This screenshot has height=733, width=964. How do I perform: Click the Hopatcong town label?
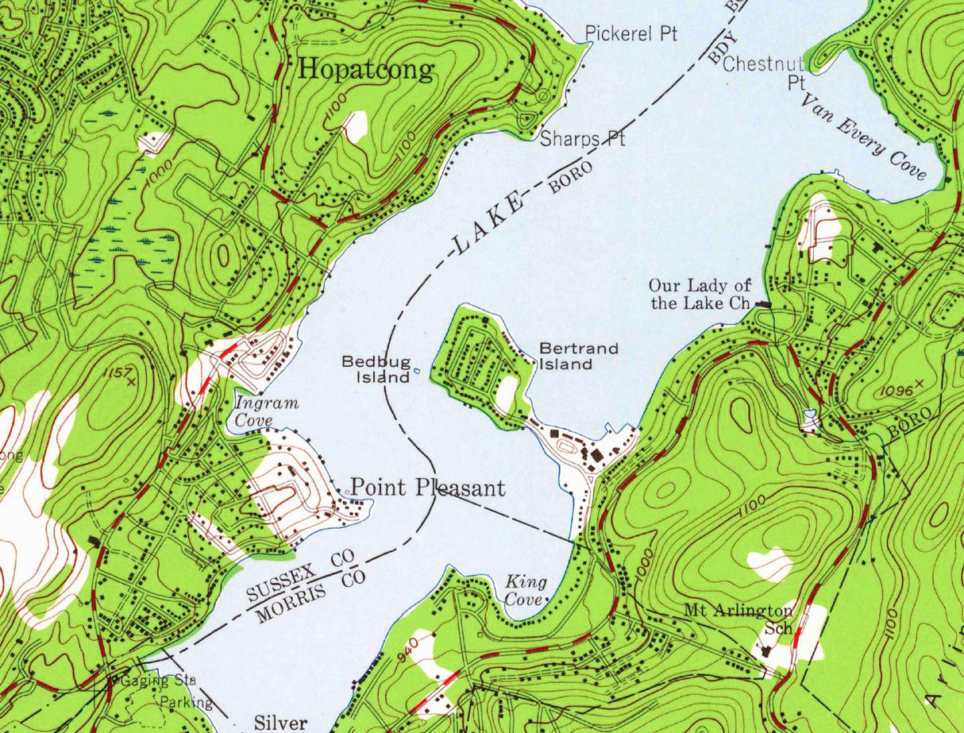(366, 70)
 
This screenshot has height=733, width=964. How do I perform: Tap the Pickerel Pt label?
(631, 33)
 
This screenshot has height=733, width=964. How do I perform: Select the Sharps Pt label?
(582, 139)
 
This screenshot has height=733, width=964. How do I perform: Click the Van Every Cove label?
(863, 137)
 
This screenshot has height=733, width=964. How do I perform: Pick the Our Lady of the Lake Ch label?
(700, 295)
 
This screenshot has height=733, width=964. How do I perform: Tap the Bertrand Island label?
(566, 357)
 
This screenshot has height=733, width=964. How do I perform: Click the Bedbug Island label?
(376, 369)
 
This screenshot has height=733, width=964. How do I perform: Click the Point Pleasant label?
(427, 487)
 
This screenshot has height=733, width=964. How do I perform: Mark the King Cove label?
(525, 591)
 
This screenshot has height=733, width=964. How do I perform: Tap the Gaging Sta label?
(154, 681)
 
